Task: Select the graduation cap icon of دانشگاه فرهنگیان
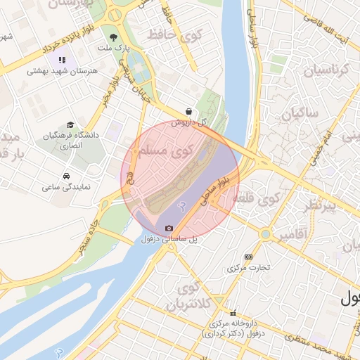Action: [67, 124]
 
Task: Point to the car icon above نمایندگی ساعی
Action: [65, 176]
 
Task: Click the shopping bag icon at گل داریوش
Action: [188, 111]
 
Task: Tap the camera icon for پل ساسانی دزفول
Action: [169, 229]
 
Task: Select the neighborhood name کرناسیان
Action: [326, 70]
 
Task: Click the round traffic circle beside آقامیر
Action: [265, 234]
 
